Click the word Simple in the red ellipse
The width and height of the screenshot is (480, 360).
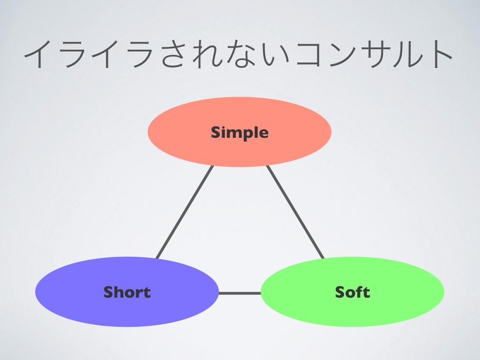tap(240, 133)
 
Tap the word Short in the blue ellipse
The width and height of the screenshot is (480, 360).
tap(127, 292)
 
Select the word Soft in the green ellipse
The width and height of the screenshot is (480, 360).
tap(352, 292)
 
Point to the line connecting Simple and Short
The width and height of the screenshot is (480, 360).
tap(185, 212)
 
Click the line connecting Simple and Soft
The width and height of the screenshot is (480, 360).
tap(295, 212)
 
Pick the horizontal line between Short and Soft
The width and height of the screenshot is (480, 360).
tap(240, 293)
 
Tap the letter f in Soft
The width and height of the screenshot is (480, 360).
tap(360, 292)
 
